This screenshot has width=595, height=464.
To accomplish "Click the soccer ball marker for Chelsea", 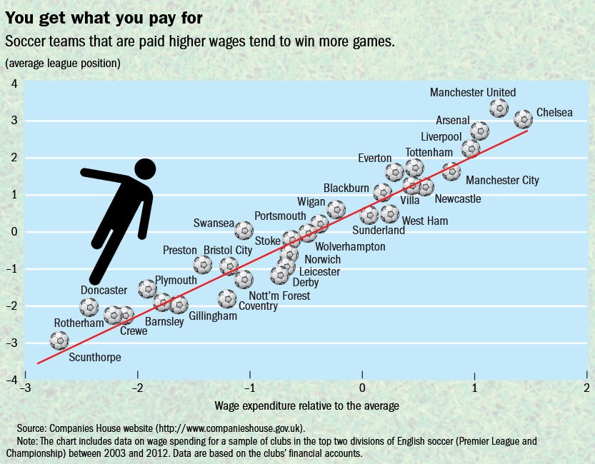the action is (524, 119).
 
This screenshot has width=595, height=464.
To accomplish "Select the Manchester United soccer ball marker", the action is (499, 108).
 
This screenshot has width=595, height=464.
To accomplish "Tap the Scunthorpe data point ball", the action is (59, 341).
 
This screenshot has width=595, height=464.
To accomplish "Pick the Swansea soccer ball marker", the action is (244, 230).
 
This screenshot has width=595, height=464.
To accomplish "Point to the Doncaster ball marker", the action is (89, 307).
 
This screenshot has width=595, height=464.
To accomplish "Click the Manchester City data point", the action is (451, 171).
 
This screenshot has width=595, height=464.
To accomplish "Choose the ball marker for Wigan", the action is (336, 209).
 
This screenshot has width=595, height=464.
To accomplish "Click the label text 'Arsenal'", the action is (453, 120).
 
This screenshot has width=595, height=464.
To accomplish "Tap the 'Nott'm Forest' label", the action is (279, 296).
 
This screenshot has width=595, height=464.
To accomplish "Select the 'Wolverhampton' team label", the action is (350, 247).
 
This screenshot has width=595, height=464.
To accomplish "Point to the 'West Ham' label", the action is (424, 221).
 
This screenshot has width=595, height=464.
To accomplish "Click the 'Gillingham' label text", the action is (213, 316).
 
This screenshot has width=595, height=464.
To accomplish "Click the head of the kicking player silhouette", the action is (145, 169).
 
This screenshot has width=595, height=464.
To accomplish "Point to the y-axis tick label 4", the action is (14, 84).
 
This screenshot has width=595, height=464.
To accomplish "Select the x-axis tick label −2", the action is (137, 388).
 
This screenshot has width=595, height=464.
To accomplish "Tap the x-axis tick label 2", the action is (586, 388).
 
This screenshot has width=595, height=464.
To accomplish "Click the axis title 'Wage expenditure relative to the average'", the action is (306, 406).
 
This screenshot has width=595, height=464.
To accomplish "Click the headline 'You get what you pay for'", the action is (104, 18).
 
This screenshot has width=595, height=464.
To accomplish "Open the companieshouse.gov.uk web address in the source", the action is (230, 428).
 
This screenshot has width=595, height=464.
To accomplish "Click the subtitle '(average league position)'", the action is (63, 63).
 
